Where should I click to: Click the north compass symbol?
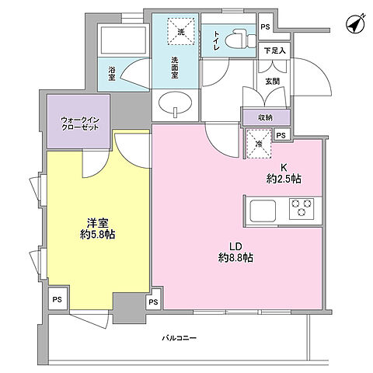click(x=355, y=24)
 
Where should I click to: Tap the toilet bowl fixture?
click(x=239, y=40)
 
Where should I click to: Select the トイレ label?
click(x=216, y=40)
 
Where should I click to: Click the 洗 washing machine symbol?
click(x=181, y=31)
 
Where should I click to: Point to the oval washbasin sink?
click(x=176, y=103)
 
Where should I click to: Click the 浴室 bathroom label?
click(x=112, y=73)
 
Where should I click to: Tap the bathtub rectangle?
click(x=124, y=40)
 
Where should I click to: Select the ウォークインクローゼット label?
click(x=80, y=124)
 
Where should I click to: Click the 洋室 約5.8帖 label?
click(x=97, y=228)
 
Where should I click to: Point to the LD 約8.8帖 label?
click(x=235, y=252)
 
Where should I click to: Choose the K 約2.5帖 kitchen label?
click(x=284, y=173)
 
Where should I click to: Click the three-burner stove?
click(x=302, y=208)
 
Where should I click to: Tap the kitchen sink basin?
click(x=263, y=211)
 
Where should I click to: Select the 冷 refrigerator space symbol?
click(x=258, y=143)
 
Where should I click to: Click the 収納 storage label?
click(x=265, y=117)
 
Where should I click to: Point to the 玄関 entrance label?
click(x=273, y=82)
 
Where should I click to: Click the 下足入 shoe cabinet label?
click(x=274, y=51)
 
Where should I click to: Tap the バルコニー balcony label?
click(x=180, y=338)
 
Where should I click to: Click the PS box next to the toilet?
click(x=265, y=27)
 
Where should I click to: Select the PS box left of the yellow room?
click(x=58, y=300)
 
